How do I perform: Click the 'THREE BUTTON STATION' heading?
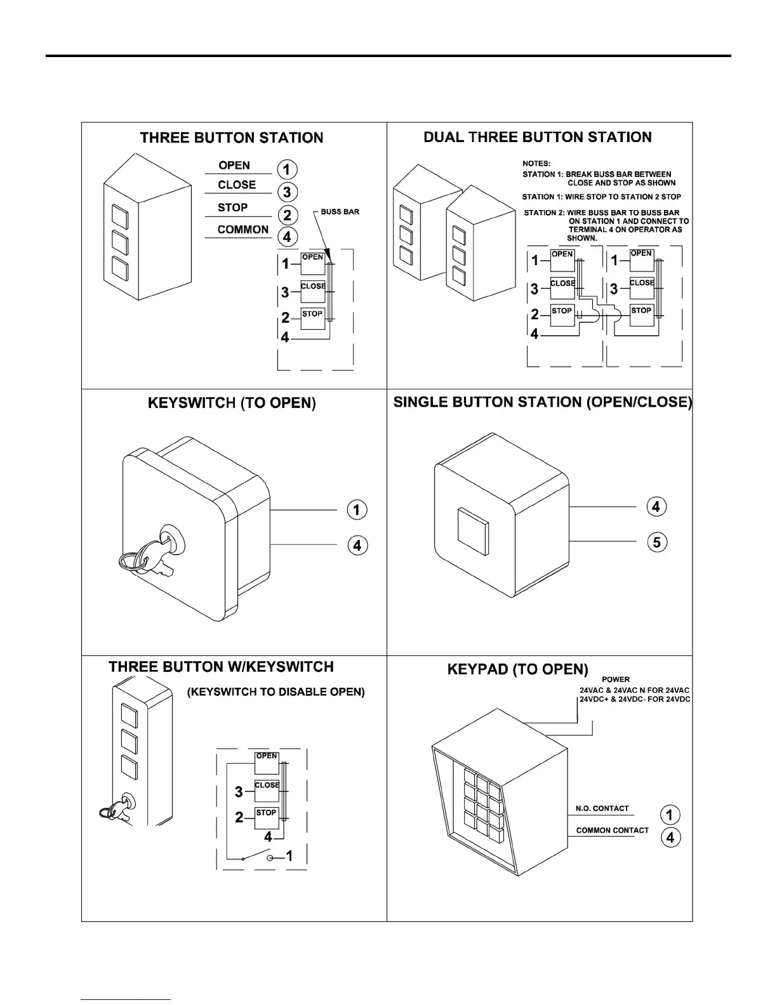coord(231,138)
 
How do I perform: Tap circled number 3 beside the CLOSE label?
coord(288,192)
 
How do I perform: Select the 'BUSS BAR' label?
coord(340,211)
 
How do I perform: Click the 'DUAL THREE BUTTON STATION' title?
coord(537,137)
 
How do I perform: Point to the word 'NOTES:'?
coord(536,164)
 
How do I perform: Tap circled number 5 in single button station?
coord(656,542)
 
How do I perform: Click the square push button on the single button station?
coord(472,527)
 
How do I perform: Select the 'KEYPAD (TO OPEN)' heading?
coord(517,669)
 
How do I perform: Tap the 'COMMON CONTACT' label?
coord(612,830)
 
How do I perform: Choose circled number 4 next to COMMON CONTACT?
coord(670,838)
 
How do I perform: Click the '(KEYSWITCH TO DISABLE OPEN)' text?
coord(276,692)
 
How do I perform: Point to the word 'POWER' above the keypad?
coord(615,680)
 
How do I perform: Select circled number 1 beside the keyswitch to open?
coord(357,509)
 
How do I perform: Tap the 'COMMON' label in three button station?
coord(243,230)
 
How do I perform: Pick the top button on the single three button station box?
coord(120,216)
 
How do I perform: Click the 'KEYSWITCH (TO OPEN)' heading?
coord(231,403)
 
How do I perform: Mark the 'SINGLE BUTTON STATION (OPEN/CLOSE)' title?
coord(542,402)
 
